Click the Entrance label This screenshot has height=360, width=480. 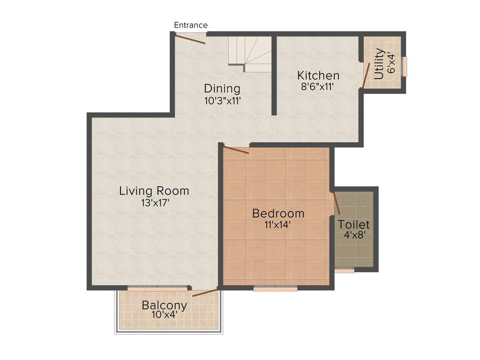tap(190, 25)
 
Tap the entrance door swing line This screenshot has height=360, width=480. tap(190, 39)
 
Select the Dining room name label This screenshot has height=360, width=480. tap(222, 89)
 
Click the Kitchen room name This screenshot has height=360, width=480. tap(318, 75)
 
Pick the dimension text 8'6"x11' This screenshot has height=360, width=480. tap(318, 86)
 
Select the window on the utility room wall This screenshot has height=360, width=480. tap(405, 67)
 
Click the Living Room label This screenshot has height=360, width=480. tap(154, 191)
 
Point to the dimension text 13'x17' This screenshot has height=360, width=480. tap(154, 203)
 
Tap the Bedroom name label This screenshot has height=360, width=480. tap(278, 214)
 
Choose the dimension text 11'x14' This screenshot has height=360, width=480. tap(278, 225)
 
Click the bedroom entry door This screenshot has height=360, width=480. tap(236, 150)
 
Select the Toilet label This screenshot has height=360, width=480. tap(354, 225)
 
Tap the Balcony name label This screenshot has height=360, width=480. tap(165, 306)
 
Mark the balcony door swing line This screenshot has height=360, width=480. tap(205, 292)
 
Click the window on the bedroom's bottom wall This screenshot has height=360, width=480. tap(276, 289)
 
